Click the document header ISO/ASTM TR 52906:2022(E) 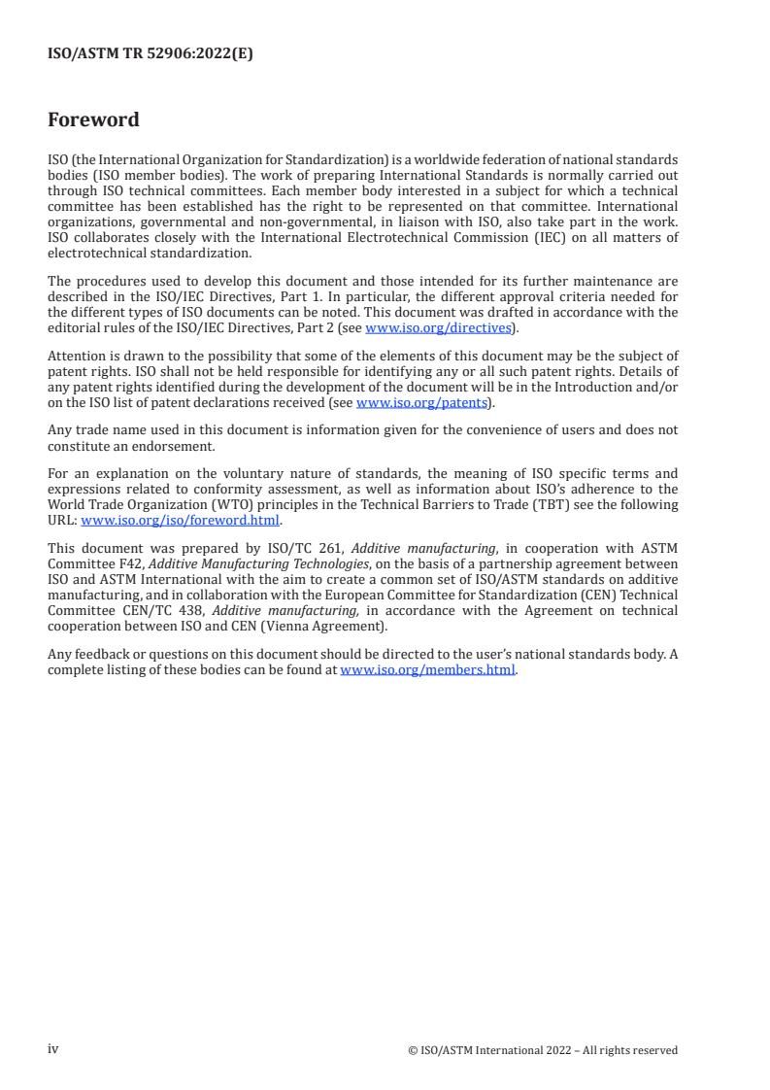point(150,54)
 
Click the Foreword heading point(93,120)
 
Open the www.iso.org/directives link point(438,328)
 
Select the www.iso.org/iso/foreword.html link point(180,520)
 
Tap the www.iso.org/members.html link point(427,670)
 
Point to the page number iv point(53,1049)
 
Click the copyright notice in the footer point(543,1050)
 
